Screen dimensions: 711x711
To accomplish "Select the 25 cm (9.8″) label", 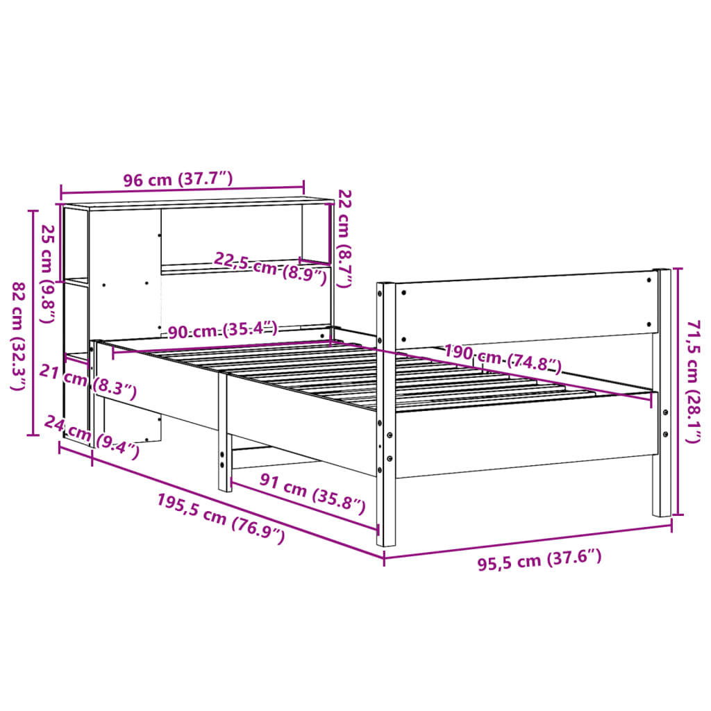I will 47,274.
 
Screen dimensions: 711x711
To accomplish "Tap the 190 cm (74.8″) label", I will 503,358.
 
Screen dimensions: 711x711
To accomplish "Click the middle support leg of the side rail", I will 224,430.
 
